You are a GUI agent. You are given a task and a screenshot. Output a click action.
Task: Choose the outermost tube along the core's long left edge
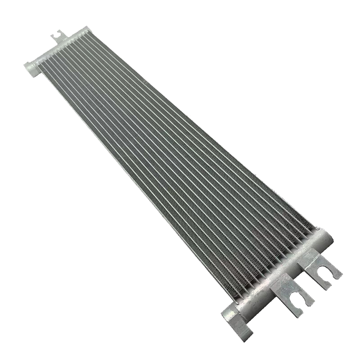[135, 180]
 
